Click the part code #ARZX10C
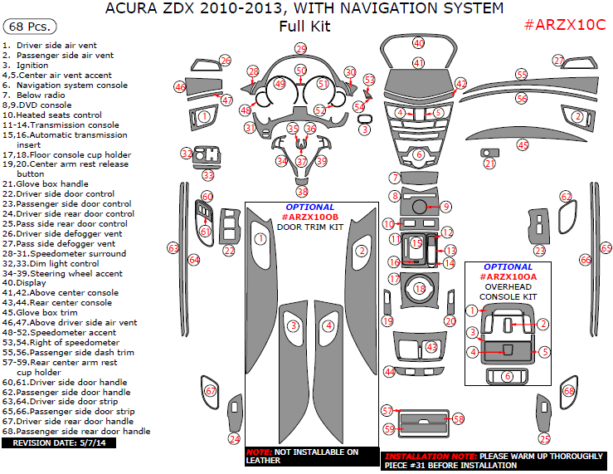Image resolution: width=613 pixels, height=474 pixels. point(565,25)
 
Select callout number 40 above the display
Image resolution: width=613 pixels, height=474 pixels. point(418,42)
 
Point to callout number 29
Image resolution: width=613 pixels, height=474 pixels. point(300,49)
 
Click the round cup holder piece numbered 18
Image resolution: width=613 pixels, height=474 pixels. point(420,289)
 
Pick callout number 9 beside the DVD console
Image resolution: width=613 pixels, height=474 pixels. point(445,207)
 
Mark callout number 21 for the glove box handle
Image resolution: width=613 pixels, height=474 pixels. point(489,164)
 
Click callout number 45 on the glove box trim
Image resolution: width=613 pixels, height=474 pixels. point(523,144)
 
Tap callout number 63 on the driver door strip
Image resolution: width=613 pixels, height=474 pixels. point(173,247)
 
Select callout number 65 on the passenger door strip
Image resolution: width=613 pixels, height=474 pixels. point(606,248)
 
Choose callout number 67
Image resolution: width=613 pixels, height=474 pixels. point(211,391)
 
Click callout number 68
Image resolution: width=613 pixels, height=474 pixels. point(569,391)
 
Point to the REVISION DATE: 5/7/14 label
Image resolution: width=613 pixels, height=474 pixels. point(59,443)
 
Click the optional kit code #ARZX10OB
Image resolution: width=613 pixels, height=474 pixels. point(310,217)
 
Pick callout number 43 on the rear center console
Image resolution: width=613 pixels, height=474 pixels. point(431,346)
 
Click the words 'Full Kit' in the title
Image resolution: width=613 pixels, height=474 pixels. point(304,26)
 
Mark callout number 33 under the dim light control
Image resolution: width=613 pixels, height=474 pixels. point(207,175)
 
